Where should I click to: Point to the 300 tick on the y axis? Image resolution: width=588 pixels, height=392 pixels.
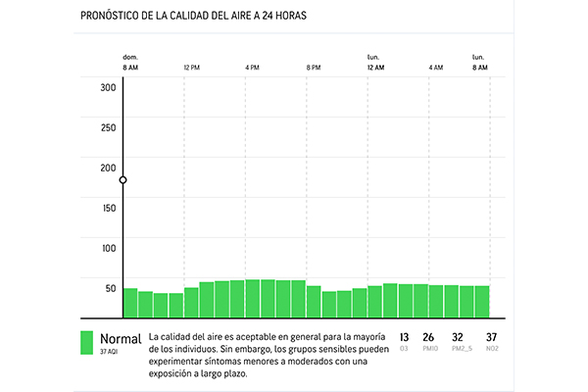108,87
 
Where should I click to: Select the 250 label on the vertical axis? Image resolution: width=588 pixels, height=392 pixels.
108,127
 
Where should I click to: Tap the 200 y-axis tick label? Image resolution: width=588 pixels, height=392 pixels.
108,168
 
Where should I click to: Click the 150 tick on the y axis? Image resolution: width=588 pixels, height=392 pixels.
108,208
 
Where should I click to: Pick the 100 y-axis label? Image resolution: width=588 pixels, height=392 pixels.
108,248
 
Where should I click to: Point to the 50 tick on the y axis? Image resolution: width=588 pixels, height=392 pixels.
110,288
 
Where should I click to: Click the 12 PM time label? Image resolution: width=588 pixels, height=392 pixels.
192,68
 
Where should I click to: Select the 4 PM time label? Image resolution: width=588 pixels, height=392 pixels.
253,68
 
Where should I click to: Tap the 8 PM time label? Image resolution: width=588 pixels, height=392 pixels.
314,68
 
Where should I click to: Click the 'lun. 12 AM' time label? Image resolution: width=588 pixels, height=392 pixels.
375,63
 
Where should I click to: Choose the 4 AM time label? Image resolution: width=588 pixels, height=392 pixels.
436,68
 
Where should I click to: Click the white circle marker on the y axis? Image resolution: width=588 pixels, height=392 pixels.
123,180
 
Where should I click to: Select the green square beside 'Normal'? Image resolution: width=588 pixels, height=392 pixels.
86,342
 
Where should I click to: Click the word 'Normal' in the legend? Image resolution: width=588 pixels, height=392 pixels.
121,338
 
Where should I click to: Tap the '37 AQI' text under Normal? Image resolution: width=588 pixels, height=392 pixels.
109,352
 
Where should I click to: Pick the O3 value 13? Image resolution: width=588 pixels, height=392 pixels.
405,338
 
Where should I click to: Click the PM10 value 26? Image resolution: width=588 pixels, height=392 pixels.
429,338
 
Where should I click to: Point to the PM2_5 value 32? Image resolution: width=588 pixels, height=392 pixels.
458,338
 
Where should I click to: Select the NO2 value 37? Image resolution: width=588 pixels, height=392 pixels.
491,338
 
